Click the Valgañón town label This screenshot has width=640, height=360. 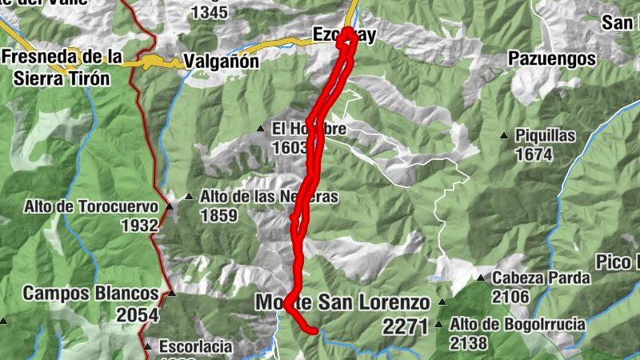(221, 61)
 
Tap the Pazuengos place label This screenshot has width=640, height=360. (552, 58)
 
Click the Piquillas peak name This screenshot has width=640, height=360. (546, 136)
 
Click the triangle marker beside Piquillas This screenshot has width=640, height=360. (504, 136)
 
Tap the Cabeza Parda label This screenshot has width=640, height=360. (541, 278)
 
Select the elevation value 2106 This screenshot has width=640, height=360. (511, 297)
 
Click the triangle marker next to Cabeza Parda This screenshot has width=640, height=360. (481, 278)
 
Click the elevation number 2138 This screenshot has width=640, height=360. (470, 344)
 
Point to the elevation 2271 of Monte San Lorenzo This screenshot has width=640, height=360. (408, 326)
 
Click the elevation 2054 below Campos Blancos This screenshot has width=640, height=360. (138, 315)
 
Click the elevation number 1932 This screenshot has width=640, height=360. (139, 226)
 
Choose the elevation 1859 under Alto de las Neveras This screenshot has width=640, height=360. (218, 215)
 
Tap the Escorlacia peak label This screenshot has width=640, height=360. (195, 346)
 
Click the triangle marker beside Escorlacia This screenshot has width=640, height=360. (148, 346)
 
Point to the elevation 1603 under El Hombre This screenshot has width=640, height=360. (290, 148)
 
